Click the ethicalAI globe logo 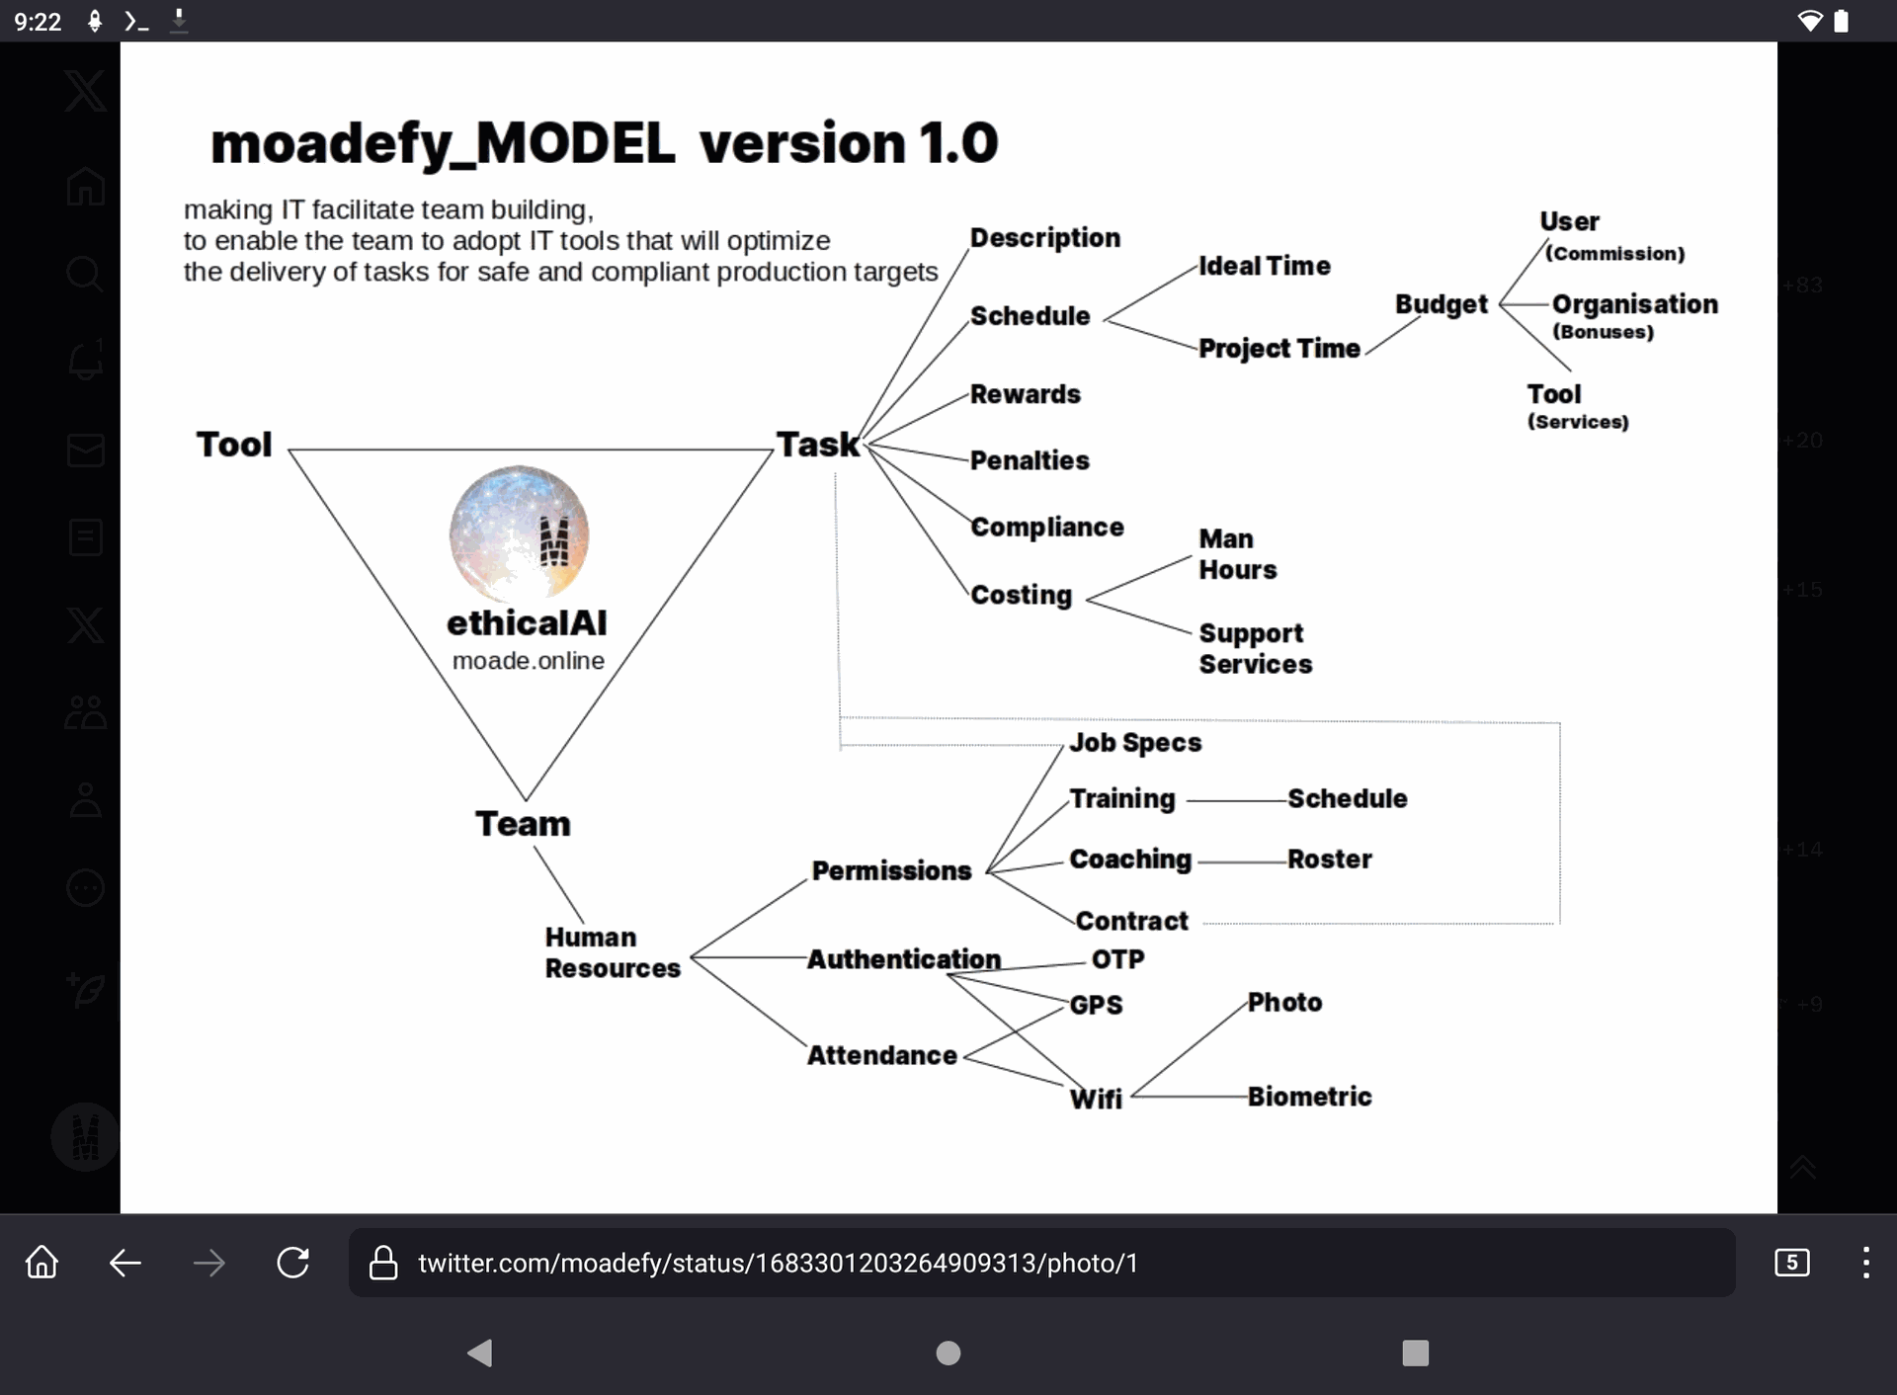tap(519, 534)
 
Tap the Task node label tap(817, 445)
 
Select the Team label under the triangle tap(523, 824)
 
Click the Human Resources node tap(612, 952)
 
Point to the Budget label tap(1441, 304)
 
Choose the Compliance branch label tap(1046, 528)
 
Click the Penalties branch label tap(1029, 460)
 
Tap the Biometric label tap(1309, 1097)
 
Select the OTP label tap(1117, 959)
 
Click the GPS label tap(1096, 1005)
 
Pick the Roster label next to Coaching tap(1329, 860)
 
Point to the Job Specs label tap(1135, 743)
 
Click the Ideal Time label tap(1264, 266)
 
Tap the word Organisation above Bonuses tap(1634, 304)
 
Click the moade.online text tap(528, 661)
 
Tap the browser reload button tap(292, 1263)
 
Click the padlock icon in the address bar tap(383, 1263)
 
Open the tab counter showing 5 tap(1791, 1263)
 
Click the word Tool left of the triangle tap(233, 445)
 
